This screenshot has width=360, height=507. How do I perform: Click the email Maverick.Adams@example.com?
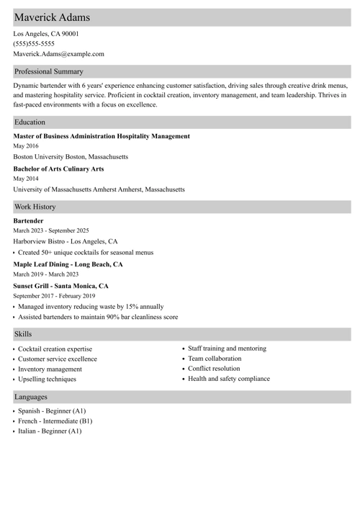(58, 53)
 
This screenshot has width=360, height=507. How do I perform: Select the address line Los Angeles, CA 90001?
(46, 33)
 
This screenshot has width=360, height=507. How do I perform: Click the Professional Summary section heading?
(49, 71)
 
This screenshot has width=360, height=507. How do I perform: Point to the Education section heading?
(30, 122)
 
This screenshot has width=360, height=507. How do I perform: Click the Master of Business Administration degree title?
(102, 136)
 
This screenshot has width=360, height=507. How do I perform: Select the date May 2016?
(26, 146)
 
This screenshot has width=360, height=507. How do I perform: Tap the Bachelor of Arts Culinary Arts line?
(58, 169)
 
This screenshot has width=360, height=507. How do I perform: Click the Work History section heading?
(35, 206)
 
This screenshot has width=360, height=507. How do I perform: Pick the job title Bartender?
(28, 220)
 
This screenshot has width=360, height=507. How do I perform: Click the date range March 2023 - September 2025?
(51, 230)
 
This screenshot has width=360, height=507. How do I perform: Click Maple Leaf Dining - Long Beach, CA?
(68, 264)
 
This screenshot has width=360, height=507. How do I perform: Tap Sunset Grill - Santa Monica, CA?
(60, 286)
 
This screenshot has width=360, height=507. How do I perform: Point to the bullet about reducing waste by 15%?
(90, 306)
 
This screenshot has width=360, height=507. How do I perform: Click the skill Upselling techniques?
(47, 379)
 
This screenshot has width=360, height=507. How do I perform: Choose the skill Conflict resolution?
(214, 369)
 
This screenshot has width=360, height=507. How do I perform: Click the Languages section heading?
(31, 397)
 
